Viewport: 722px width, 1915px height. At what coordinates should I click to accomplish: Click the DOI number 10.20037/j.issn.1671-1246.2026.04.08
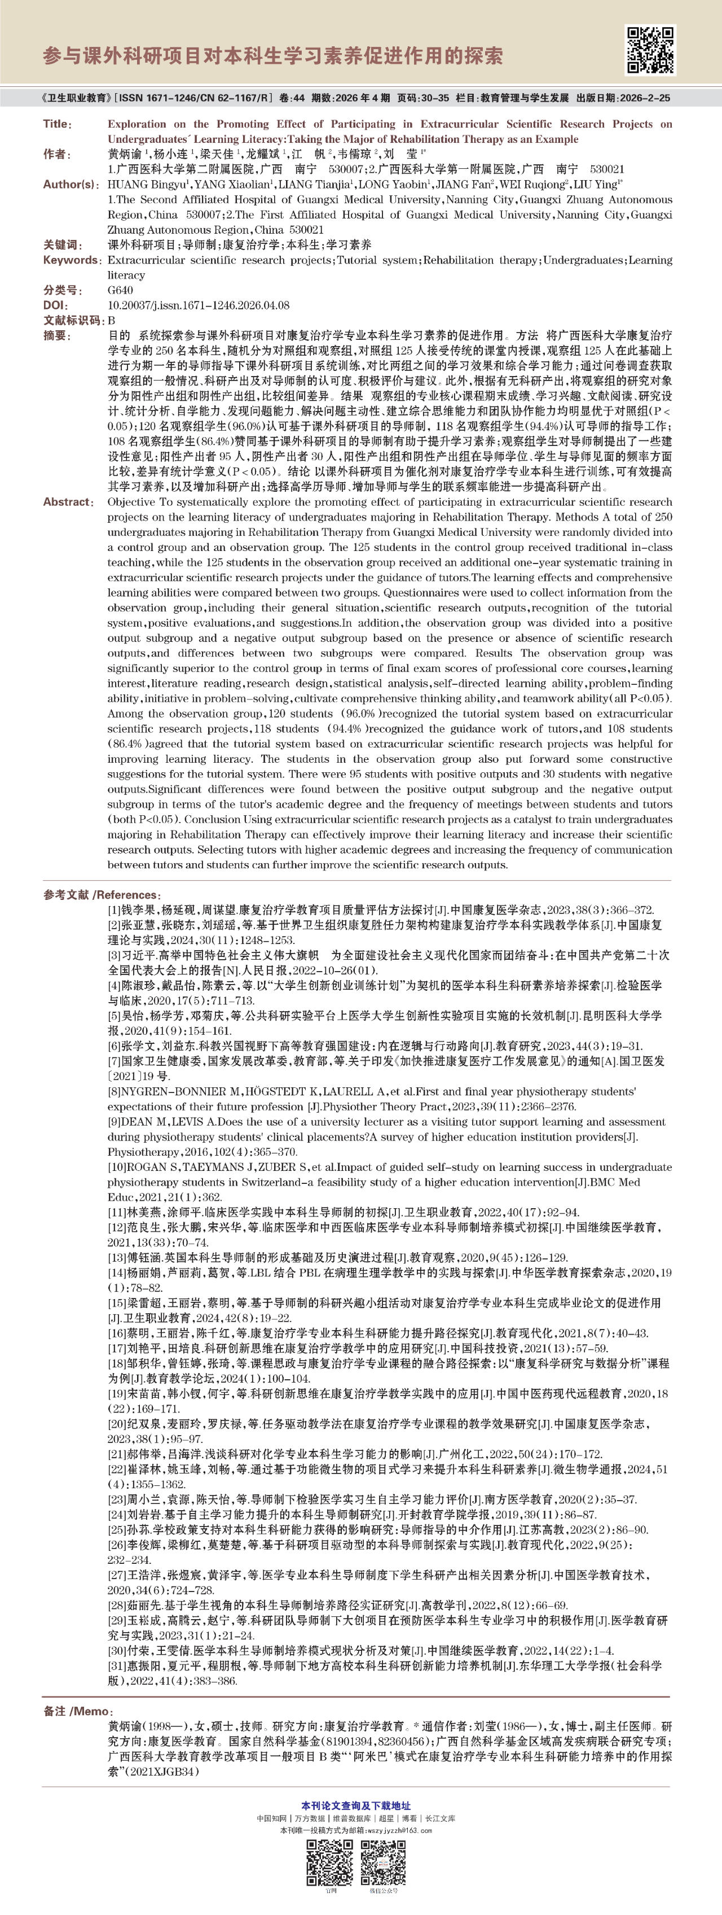click(199, 305)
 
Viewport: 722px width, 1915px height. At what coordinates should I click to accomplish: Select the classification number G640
click(120, 290)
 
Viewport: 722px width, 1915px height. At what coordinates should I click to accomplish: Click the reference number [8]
click(115, 1091)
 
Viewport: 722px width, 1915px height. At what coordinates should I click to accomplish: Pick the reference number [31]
click(117, 1666)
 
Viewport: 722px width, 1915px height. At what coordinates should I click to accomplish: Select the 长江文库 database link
click(440, 1818)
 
